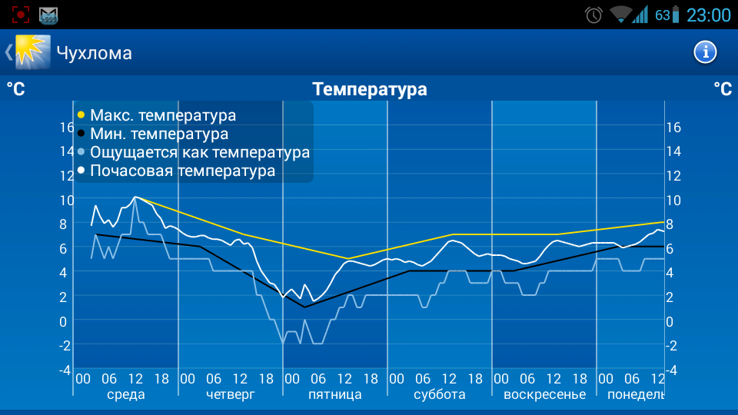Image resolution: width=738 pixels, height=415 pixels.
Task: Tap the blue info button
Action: pos(705,52)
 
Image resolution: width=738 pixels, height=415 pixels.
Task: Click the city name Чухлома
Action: pos(94,53)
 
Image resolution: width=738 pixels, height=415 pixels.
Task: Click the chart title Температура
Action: pos(370,89)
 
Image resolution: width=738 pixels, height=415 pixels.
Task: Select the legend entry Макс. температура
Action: pos(162,115)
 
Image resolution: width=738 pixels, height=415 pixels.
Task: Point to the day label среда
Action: pos(125,394)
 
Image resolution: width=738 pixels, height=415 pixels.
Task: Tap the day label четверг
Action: pos(230,394)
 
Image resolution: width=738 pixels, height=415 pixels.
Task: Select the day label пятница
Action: pos(334,394)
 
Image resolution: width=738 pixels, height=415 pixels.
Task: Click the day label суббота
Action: pos(439,394)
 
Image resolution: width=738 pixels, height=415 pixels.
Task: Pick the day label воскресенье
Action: pos(544,394)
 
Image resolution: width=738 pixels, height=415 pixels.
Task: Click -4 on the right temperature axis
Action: pos(673,369)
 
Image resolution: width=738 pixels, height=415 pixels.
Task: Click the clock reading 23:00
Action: pos(708,15)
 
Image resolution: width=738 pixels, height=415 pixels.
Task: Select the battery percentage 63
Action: pos(662,15)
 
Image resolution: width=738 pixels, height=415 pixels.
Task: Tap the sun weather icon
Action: pos(33,52)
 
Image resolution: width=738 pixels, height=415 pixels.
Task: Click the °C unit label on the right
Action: pos(722,89)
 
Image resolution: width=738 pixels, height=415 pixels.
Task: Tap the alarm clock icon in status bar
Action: pos(593,15)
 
